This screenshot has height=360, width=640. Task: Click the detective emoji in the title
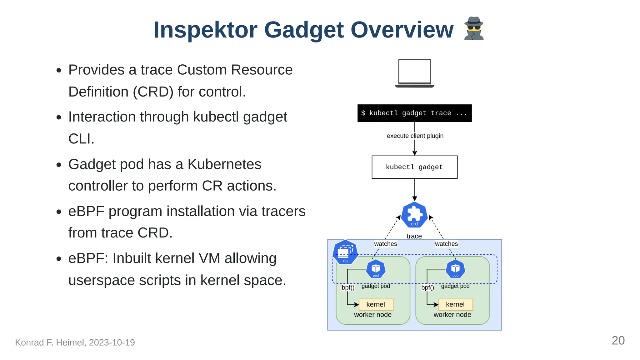click(474, 29)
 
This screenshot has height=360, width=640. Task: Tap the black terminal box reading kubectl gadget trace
click(414, 113)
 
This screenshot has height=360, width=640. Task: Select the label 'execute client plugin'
click(415, 136)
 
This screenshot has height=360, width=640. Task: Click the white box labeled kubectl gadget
click(414, 167)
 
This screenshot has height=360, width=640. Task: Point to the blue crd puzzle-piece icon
click(414, 215)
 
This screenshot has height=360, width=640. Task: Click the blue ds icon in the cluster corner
click(345, 252)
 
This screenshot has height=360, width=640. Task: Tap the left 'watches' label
click(385, 244)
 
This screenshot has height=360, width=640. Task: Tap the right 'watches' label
click(446, 244)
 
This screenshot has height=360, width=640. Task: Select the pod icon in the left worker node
click(376, 269)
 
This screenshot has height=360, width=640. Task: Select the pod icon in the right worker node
click(455, 269)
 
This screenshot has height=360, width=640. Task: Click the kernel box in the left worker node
click(376, 304)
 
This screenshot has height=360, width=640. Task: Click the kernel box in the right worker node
click(455, 304)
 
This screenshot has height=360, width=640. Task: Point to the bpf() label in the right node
click(427, 287)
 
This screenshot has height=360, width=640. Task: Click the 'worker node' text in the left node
click(372, 315)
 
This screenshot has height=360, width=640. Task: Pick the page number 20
click(618, 341)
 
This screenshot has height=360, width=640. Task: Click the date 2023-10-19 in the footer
click(112, 342)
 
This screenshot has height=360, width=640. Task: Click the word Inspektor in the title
click(205, 30)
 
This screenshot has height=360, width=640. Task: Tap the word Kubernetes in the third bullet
click(224, 164)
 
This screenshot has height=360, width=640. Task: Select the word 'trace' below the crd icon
click(414, 236)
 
